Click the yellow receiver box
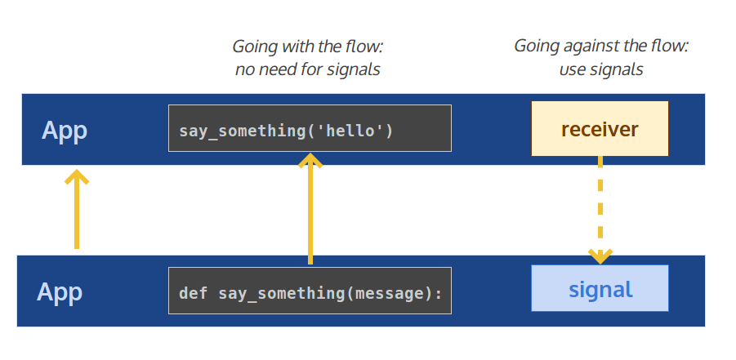[600, 129]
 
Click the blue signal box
[600, 289]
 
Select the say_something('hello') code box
[310, 129]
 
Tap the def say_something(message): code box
[310, 291]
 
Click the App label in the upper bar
[65, 131]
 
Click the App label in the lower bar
[60, 292]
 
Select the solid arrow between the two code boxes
[310, 212]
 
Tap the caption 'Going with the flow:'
[308, 47]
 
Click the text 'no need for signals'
[308, 69]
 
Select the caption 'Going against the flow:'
[601, 46]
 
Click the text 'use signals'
[601, 69]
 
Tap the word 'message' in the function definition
[388, 291]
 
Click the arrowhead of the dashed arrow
[600, 256]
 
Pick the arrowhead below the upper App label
[76, 176]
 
